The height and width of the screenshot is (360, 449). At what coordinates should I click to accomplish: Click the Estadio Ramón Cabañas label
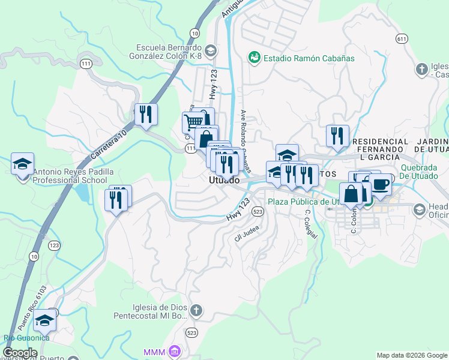[309, 58]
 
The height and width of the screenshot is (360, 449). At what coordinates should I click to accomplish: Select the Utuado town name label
[224, 180]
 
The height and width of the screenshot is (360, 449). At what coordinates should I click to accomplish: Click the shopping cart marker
[193, 122]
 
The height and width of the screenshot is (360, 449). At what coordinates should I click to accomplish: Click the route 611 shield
[402, 38]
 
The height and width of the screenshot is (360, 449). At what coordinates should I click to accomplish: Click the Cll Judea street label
[246, 234]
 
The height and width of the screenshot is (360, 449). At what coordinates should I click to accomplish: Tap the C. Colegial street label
[310, 223]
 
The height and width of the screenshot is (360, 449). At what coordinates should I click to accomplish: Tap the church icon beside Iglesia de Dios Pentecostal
[197, 310]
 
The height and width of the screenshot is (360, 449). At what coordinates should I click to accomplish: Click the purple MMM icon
[174, 351]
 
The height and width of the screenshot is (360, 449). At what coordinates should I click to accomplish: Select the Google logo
[20, 353]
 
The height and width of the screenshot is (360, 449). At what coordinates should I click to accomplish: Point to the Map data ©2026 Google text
[411, 355]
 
